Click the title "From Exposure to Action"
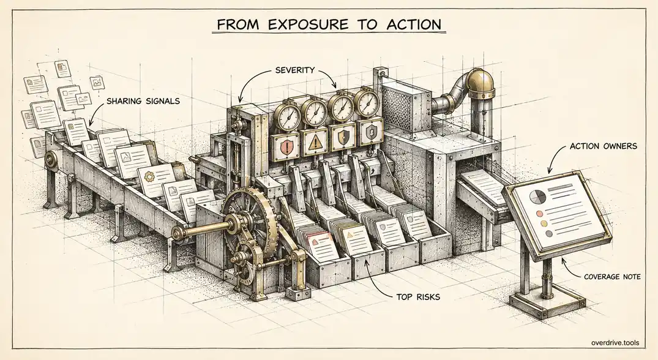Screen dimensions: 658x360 pyautogui.click(x=329, y=24)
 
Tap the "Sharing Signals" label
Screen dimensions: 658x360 pyautogui.click(x=143, y=101)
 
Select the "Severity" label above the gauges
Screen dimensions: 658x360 pyautogui.click(x=294, y=70)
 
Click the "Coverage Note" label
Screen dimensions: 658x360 pyautogui.click(x=612, y=277)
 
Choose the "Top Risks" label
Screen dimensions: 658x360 pyautogui.click(x=418, y=297)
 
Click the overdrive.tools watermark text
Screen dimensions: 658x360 pyautogui.click(x=615, y=342)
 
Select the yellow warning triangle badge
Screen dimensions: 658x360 pyautogui.click(x=314, y=143)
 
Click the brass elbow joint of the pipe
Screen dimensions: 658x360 pyautogui.click(x=480, y=83)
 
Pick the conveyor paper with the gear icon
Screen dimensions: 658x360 pyautogui.click(x=156, y=179)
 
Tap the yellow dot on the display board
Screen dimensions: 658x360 pyautogui.click(x=545, y=223)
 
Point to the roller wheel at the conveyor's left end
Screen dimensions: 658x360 pyautogui.click(x=52, y=159)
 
